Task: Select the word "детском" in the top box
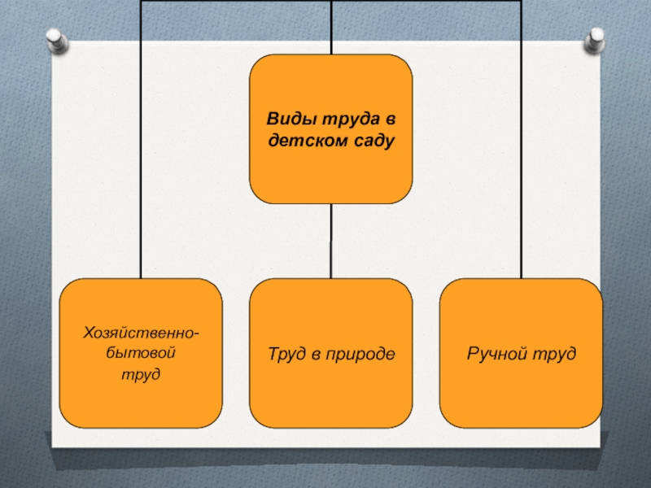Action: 301,141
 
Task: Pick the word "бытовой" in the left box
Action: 140,354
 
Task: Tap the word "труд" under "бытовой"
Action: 141,375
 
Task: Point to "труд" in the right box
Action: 555,354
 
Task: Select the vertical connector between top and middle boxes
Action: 330,241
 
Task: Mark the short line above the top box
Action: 330,28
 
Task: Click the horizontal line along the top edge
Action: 244,2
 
